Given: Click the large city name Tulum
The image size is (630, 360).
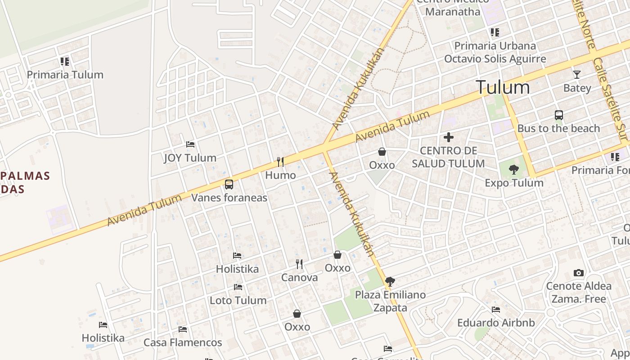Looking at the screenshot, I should point(503,87).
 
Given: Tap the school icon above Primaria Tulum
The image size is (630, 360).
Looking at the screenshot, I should point(65,62).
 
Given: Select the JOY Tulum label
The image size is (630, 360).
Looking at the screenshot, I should point(190,158).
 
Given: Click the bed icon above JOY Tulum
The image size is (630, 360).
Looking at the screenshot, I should point(190,144).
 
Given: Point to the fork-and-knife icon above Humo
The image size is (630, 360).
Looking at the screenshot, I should point(280,162).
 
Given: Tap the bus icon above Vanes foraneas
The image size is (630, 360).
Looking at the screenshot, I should point(229,184).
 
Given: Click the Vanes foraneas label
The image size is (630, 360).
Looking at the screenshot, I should point(229,198).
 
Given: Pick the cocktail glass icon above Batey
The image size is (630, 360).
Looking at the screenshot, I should point(577,75).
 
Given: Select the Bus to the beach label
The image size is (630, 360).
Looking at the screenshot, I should point(558,128).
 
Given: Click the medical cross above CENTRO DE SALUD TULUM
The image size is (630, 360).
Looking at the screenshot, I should point(449,137).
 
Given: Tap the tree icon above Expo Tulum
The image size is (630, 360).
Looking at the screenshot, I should point(514,170).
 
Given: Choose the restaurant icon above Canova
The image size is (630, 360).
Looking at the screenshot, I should point(299,264).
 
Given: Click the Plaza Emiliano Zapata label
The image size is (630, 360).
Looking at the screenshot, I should point(390,301).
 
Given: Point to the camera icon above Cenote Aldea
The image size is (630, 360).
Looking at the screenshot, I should point(579,273).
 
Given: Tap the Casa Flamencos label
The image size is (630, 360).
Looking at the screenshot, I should point(183,342).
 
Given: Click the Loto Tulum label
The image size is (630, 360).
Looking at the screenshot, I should point(238,300).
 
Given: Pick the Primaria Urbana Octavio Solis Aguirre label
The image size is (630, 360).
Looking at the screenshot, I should point(495,52).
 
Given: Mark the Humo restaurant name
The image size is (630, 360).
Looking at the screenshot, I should point(280,175).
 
